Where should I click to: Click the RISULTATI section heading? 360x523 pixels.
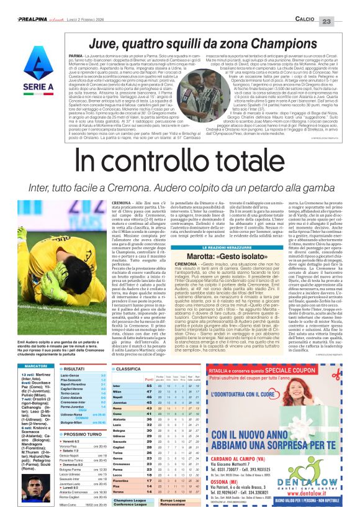pos(78,351)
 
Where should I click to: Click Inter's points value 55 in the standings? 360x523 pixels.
pos(150,369)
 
